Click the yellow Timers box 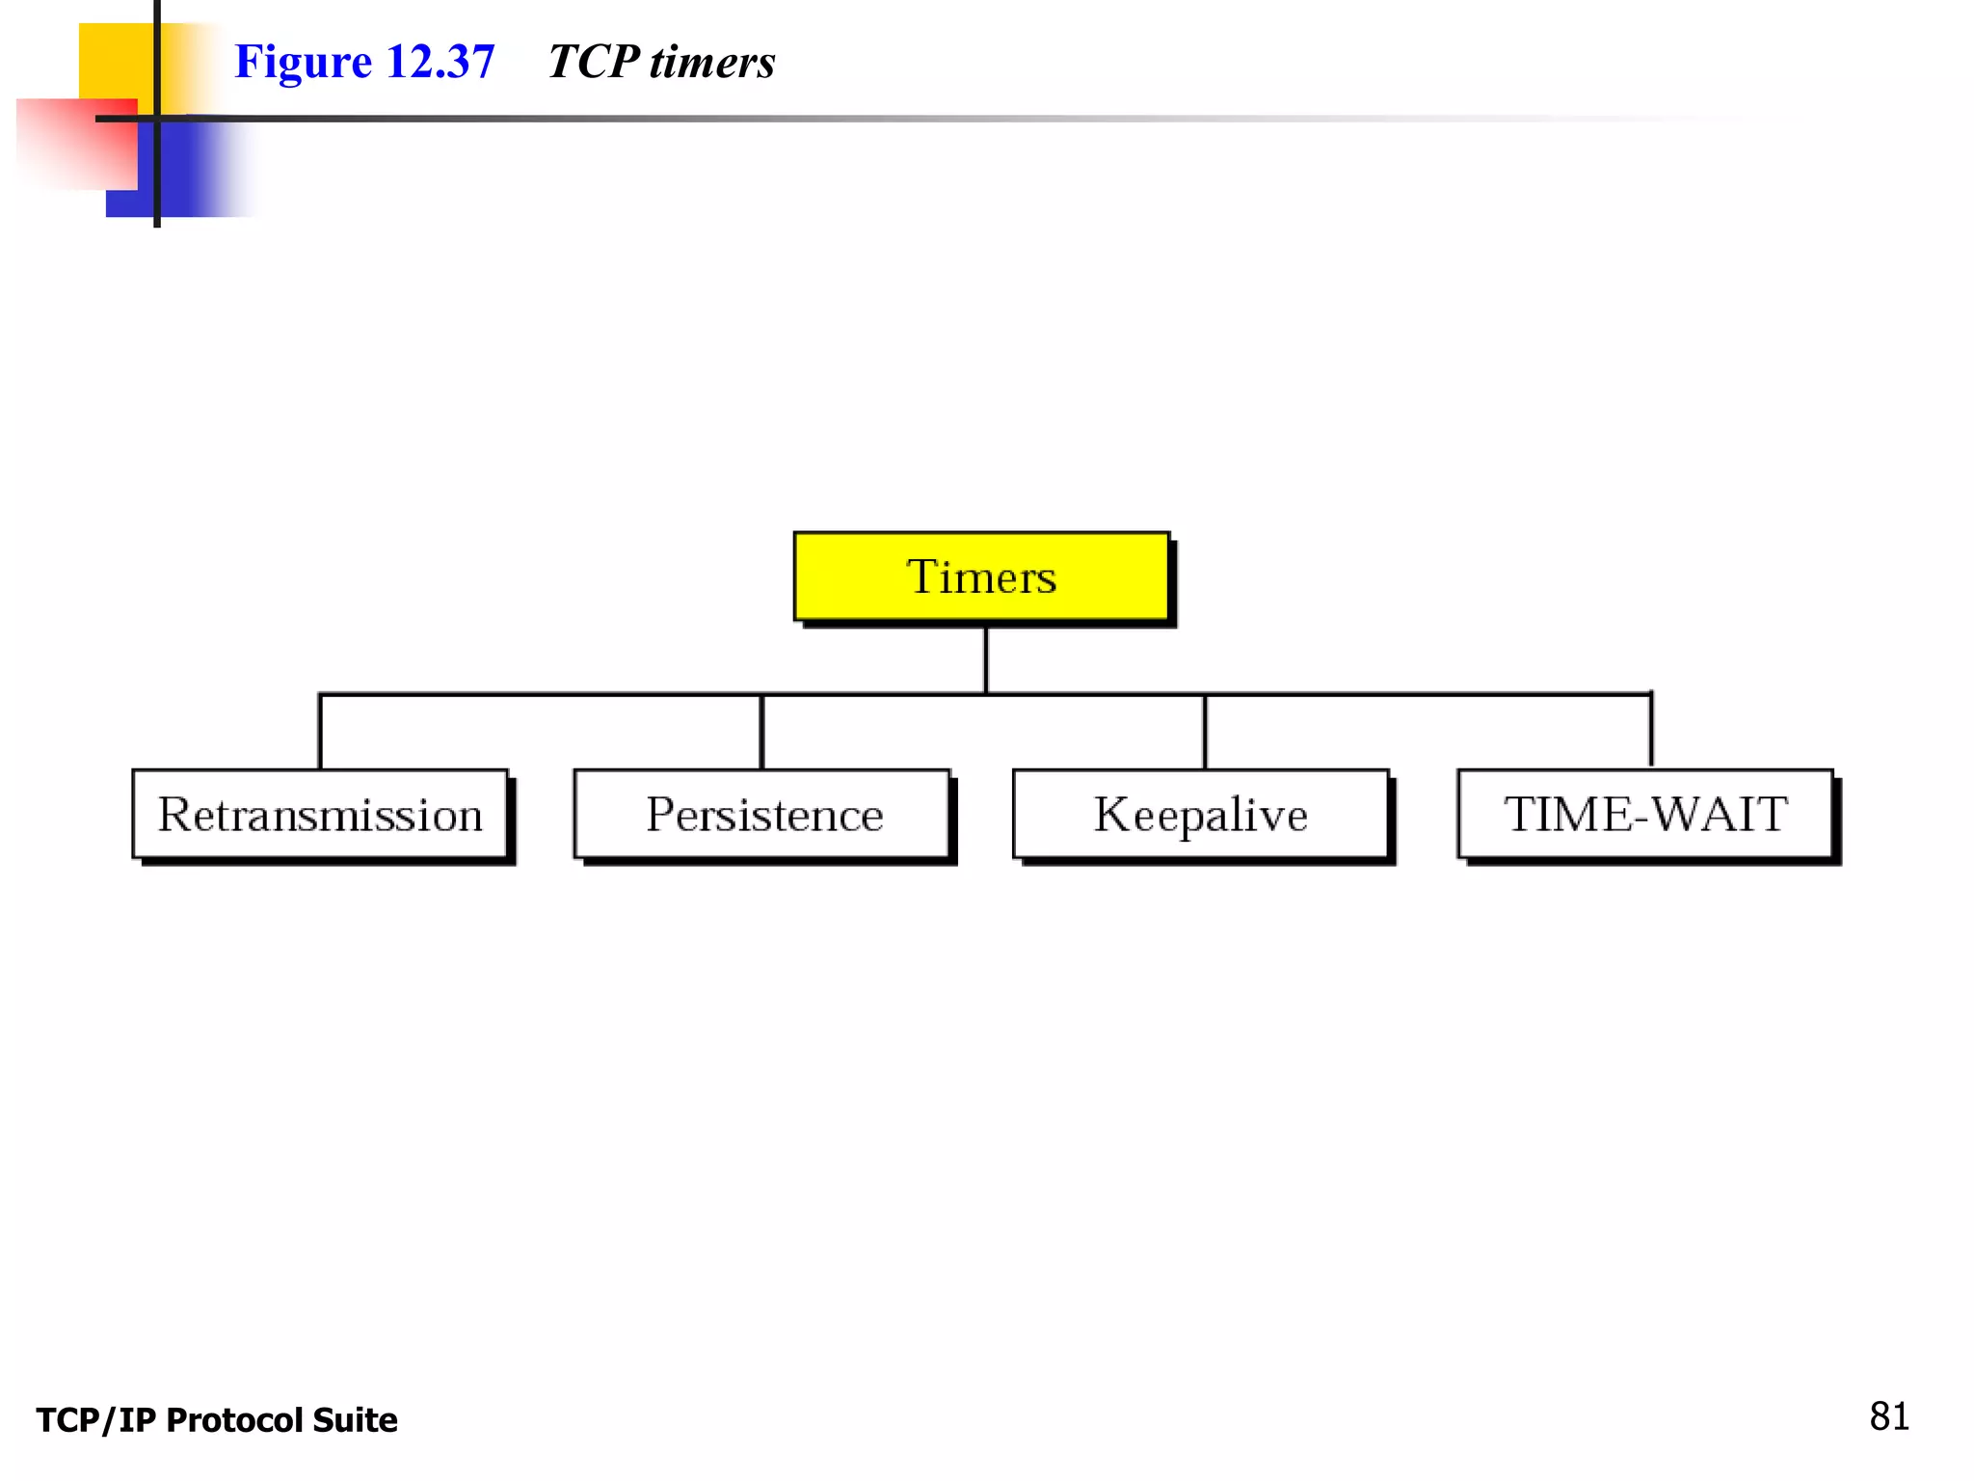click(x=980, y=576)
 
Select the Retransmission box click(x=320, y=814)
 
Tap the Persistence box click(x=762, y=814)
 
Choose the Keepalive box click(x=1201, y=814)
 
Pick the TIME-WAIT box click(x=1645, y=814)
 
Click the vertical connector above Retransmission click(x=320, y=731)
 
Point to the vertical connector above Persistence click(x=761, y=731)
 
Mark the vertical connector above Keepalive click(x=1205, y=731)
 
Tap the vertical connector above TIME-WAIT click(x=1651, y=729)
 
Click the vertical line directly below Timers click(x=986, y=660)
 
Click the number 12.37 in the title click(x=440, y=62)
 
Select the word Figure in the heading click(x=304, y=63)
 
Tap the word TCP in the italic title click(x=593, y=62)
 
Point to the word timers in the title click(x=712, y=63)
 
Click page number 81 click(x=1889, y=1416)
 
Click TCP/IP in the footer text click(x=96, y=1420)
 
